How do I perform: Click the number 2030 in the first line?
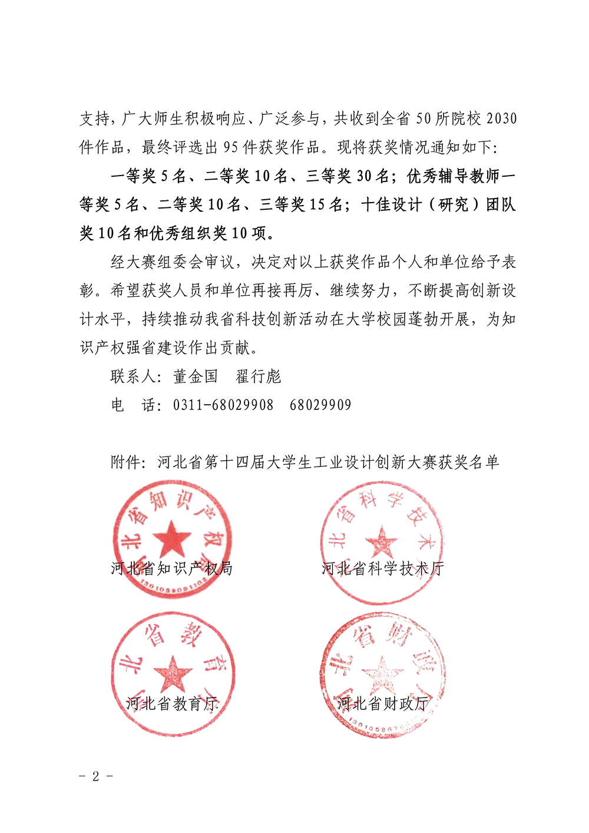tap(502, 119)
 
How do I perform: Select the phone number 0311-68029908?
tap(223, 405)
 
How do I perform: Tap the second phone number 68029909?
tap(320, 405)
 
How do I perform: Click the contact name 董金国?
tap(196, 377)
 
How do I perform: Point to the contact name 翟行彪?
tap(259, 377)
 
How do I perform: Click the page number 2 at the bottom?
tap(95, 776)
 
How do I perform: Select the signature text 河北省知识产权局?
tap(171, 568)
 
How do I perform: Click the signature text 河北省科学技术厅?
tap(382, 568)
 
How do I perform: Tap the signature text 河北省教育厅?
tap(172, 703)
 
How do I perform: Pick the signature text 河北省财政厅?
tap(382, 703)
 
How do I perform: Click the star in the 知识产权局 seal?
tap(172, 539)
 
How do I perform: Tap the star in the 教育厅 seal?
tap(173, 673)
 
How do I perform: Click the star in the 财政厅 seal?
tap(382, 673)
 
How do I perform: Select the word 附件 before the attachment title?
tap(125, 462)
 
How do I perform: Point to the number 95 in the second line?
tap(231, 147)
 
